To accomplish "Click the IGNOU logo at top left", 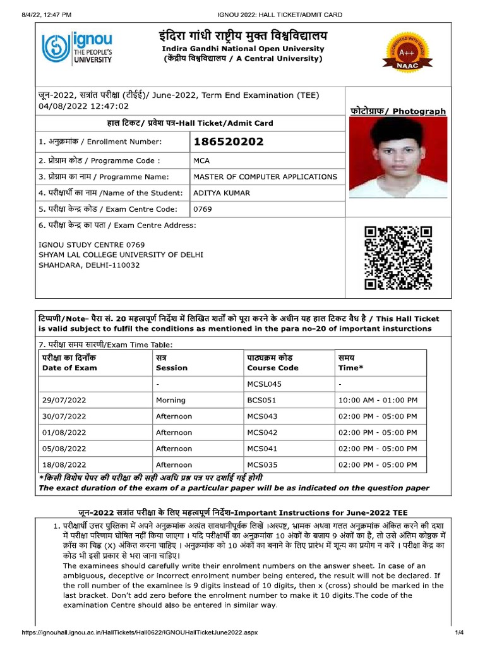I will tap(77, 48).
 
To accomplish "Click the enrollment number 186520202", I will tap(228, 142).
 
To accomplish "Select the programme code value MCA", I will tap(201, 161).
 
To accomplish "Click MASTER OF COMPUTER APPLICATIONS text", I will tap(265, 177).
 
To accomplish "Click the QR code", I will tap(398, 258).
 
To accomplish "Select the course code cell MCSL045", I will tap(264, 384).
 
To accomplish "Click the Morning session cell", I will tap(171, 400).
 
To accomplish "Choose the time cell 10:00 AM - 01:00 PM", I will tap(378, 400).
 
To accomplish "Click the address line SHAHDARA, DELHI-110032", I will tap(89, 265).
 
